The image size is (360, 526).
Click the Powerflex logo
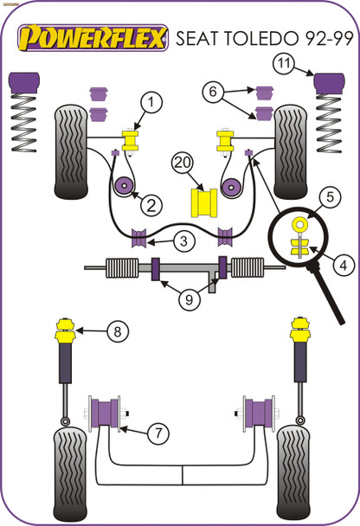94,37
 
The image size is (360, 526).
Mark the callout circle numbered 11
284,62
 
